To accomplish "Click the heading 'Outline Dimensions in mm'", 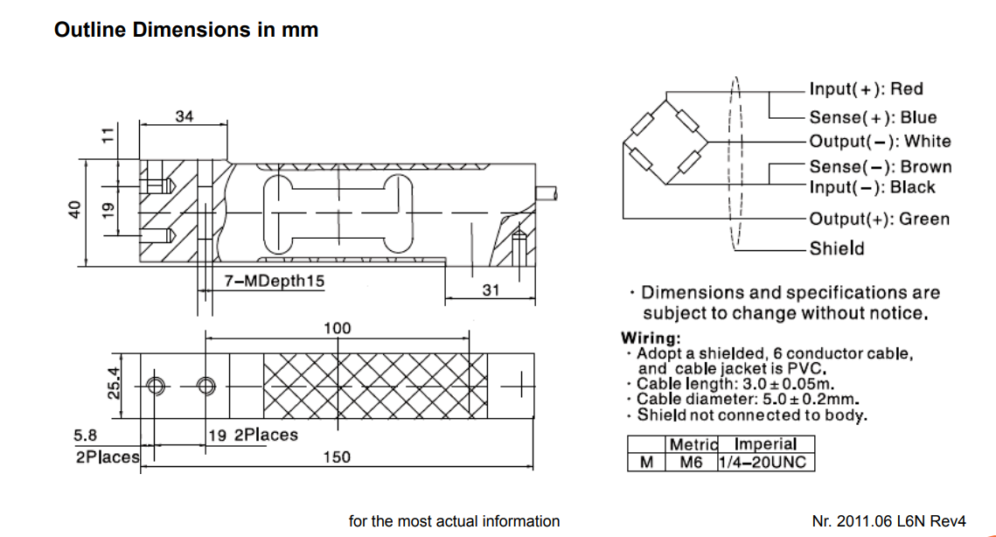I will [x=186, y=30].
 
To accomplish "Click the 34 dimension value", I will [x=184, y=115].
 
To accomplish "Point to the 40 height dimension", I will [x=75, y=210].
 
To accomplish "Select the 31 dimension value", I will [x=491, y=289].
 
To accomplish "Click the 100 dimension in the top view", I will [x=337, y=328].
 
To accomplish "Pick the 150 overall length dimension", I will [x=337, y=457].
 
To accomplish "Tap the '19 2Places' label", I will [x=253, y=435].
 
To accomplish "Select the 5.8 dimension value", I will [x=86, y=435].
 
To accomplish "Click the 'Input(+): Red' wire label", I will [x=866, y=88].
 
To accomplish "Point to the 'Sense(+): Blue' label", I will [x=873, y=117].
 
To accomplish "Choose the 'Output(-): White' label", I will [x=880, y=141].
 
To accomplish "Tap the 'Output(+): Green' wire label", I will [x=879, y=219].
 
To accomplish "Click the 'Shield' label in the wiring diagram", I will [x=836, y=248].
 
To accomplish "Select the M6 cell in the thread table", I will [x=691, y=462].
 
